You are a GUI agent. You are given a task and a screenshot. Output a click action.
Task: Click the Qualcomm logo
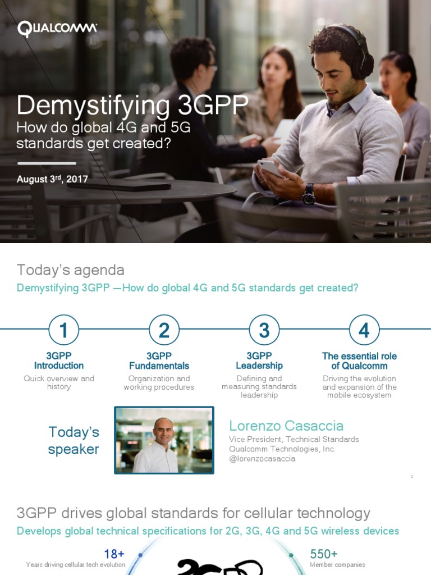[x=57, y=29]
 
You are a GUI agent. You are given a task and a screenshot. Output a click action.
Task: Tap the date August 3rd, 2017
[x=52, y=180]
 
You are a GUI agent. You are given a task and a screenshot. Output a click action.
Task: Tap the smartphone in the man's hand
[x=270, y=167]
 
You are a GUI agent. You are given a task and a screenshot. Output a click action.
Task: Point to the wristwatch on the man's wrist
[x=308, y=195]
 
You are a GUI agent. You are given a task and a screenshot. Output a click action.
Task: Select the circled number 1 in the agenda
[x=63, y=330]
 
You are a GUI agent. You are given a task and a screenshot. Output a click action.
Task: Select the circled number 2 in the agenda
[x=164, y=330]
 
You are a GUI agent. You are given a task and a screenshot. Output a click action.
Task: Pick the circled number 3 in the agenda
[x=264, y=330]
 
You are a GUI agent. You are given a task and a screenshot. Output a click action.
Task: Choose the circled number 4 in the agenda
[x=364, y=330]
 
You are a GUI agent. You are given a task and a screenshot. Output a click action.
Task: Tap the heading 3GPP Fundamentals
[x=159, y=360]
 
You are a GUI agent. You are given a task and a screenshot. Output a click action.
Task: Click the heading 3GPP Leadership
[x=259, y=360]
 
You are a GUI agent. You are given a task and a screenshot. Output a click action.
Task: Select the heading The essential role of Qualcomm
[x=359, y=360]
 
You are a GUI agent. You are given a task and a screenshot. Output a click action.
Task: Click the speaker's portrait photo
[x=164, y=440]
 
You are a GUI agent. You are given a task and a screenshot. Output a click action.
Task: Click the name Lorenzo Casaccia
[x=286, y=426]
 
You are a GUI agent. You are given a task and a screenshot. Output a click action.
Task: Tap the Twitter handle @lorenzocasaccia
[x=262, y=459]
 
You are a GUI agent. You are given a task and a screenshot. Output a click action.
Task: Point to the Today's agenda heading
[x=71, y=270]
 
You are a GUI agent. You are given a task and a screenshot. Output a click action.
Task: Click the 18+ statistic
[x=114, y=554]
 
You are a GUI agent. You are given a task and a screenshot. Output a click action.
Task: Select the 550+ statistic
[x=324, y=554]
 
